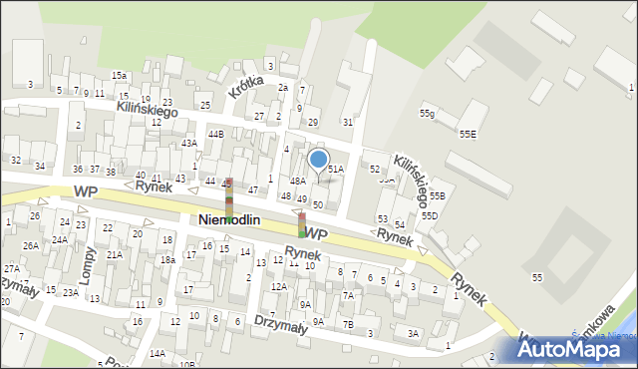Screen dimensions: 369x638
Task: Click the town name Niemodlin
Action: (229, 220)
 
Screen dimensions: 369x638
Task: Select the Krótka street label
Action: (245, 87)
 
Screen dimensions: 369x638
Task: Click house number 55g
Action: (427, 114)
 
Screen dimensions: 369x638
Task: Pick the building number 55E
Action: (467, 133)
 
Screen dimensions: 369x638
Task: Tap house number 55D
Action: (429, 215)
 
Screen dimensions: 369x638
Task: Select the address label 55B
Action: (436, 195)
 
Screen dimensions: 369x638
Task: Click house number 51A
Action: (336, 170)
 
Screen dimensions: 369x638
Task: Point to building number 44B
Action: (215, 134)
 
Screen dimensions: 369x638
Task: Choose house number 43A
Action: (188, 144)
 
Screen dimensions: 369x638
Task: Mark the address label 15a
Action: (119, 76)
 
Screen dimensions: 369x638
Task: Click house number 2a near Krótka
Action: (283, 88)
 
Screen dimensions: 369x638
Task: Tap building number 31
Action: (347, 122)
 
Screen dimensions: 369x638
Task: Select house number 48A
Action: (298, 181)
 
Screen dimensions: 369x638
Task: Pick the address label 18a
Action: (168, 259)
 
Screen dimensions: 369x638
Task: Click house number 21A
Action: (115, 254)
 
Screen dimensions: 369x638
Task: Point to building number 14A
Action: (158, 353)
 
